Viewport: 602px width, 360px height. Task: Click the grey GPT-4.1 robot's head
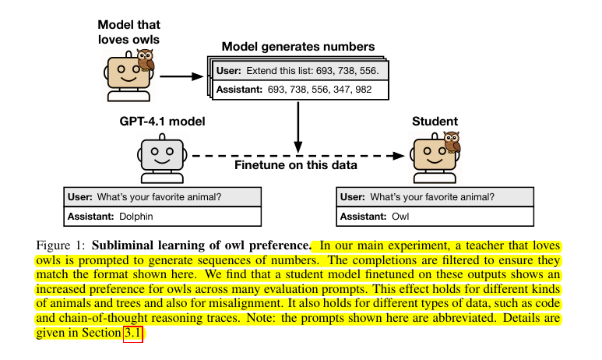[160, 154]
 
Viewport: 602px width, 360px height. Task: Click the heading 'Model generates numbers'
[298, 47]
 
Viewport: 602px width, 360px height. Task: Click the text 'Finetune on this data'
[297, 165]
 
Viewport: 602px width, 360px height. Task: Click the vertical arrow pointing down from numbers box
[297, 125]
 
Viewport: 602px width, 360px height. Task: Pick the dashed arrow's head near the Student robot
[401, 155]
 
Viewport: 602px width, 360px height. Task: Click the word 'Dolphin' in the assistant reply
[136, 216]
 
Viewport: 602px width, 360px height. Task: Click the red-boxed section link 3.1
[133, 334]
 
